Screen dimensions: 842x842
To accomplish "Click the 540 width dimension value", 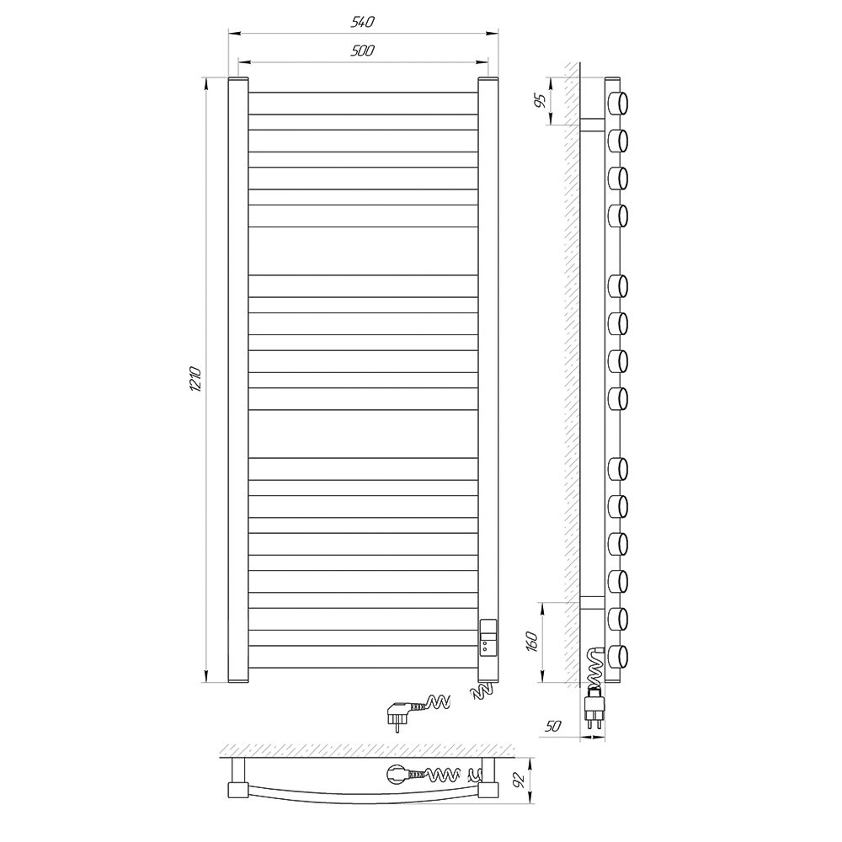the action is [362, 22].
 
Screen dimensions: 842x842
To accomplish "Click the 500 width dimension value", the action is [362, 51].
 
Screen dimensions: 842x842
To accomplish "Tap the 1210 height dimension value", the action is [195, 380].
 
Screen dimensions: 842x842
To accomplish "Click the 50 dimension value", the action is [552, 726].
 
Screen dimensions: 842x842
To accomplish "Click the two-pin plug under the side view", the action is [594, 709].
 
